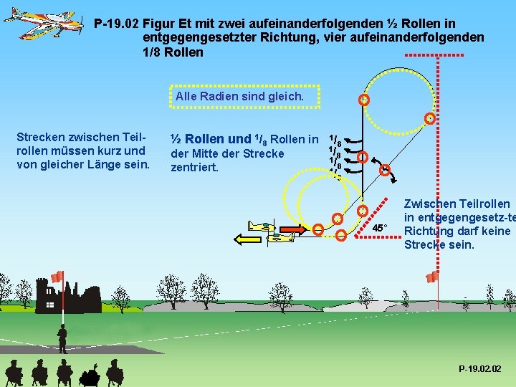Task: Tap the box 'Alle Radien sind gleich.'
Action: (x=239, y=96)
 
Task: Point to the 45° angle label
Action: (x=380, y=228)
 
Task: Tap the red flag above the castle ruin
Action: (x=57, y=277)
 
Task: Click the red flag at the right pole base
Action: (x=432, y=276)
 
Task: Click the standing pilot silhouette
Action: (x=62, y=338)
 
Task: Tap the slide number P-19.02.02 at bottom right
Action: (x=481, y=368)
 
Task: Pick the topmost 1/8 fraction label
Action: (x=335, y=138)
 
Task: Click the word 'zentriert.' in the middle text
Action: (x=194, y=168)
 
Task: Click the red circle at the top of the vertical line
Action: (x=365, y=100)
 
